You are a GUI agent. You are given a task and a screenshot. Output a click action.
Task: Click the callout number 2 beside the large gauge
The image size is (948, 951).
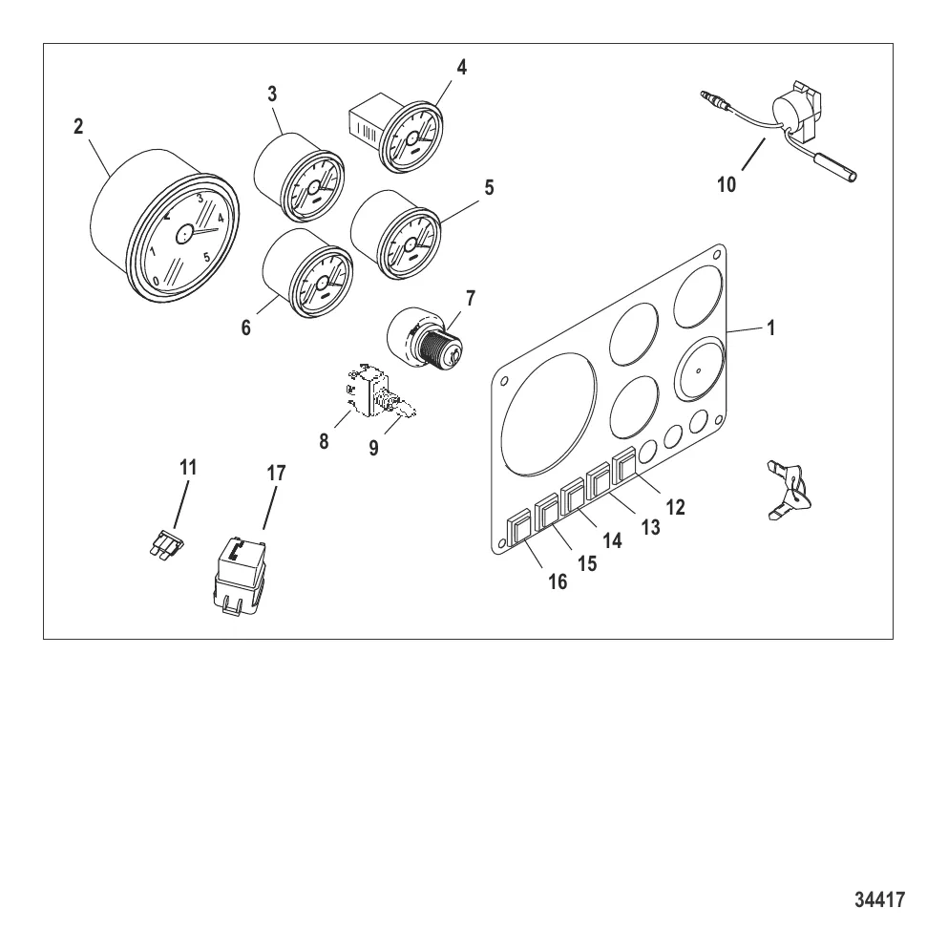pyautogui.click(x=77, y=127)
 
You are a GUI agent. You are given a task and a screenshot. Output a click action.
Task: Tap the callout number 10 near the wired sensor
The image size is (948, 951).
pyautogui.click(x=726, y=184)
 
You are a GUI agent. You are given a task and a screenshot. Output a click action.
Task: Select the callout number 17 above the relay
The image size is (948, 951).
pyautogui.click(x=276, y=473)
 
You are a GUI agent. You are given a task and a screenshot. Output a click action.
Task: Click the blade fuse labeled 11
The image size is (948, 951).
pyautogui.click(x=166, y=543)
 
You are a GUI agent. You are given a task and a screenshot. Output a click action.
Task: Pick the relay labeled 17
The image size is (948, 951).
pyautogui.click(x=240, y=576)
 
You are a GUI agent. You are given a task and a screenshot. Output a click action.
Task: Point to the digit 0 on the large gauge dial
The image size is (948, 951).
pyautogui.click(x=157, y=281)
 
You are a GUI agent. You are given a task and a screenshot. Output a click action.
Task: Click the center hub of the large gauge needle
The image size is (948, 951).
pyautogui.click(x=184, y=234)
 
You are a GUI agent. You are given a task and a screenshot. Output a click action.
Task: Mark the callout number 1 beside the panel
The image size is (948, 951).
pyautogui.click(x=770, y=328)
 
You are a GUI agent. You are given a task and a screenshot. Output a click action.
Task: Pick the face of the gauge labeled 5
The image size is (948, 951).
pyautogui.click(x=410, y=243)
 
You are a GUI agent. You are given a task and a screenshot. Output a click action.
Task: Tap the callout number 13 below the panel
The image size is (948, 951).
pyautogui.click(x=650, y=527)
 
